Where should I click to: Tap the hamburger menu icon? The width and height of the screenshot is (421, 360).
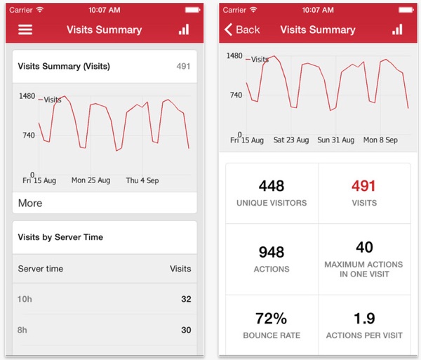pyautogui.click(x=25, y=29)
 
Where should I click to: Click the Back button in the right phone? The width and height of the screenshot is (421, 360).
pyautogui.click(x=242, y=29)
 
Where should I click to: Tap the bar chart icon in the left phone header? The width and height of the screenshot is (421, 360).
pyautogui.click(x=184, y=29)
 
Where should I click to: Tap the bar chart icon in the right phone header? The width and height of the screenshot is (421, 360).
pyautogui.click(x=397, y=29)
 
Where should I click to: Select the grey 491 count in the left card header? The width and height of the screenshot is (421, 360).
pyautogui.click(x=183, y=67)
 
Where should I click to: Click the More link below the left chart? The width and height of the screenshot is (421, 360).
pyautogui.click(x=30, y=203)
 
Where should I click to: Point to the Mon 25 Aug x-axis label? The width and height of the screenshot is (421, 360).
pyautogui.click(x=91, y=180)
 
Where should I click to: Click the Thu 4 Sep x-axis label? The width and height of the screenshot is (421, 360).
pyautogui.click(x=142, y=180)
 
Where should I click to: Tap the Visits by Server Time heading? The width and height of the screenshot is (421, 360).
pyautogui.click(x=60, y=237)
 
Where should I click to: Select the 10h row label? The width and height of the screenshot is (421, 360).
pyautogui.click(x=25, y=299)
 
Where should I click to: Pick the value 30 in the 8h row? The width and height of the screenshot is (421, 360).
pyautogui.click(x=186, y=331)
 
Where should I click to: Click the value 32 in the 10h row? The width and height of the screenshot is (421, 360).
pyautogui.click(x=186, y=299)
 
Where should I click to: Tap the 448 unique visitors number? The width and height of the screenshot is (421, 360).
pyautogui.click(x=272, y=186)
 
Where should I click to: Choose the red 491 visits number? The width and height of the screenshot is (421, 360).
pyautogui.click(x=363, y=186)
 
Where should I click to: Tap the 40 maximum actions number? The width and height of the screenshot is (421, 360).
pyautogui.click(x=364, y=246)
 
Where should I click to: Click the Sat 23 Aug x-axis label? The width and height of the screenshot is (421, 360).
pyautogui.click(x=290, y=140)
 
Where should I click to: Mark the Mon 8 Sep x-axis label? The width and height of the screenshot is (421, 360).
pyautogui.click(x=380, y=140)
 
